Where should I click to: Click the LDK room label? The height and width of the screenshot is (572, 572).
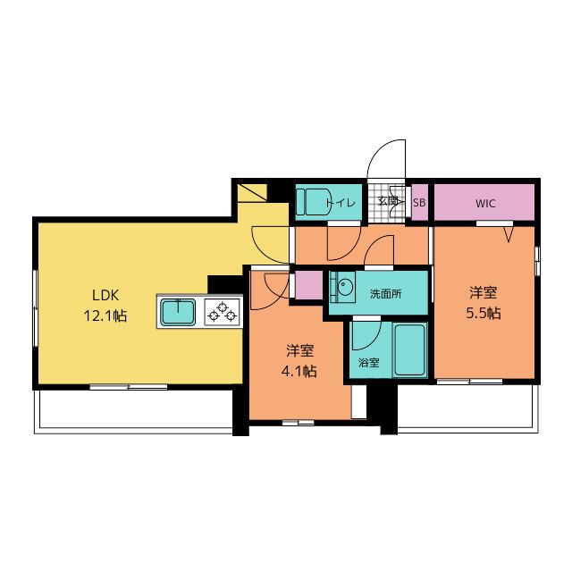click(x=105, y=295)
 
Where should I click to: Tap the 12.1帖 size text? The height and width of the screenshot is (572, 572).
click(x=105, y=315)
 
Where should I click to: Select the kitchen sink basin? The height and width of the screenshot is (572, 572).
click(x=178, y=312)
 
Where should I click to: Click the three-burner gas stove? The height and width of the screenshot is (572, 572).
click(x=223, y=312)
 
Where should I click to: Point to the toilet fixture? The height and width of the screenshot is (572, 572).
click(x=313, y=202)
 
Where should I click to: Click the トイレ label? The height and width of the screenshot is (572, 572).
click(x=341, y=203)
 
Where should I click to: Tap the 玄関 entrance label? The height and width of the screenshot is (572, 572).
click(x=387, y=200)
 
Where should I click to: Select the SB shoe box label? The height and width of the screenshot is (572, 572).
click(x=419, y=203)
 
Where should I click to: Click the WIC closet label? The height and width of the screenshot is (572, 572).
click(x=485, y=203)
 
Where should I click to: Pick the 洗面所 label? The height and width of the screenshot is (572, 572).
click(x=386, y=294)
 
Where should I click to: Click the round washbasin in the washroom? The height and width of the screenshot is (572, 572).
click(x=344, y=285)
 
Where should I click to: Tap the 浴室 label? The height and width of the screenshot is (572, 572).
click(x=369, y=363)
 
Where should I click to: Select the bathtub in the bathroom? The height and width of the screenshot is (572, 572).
click(x=409, y=349)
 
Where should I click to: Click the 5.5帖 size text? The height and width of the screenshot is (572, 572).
click(x=484, y=314)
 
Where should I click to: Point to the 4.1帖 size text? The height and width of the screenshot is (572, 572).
click(x=299, y=372)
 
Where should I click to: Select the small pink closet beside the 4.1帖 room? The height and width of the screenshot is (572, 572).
click(x=309, y=285)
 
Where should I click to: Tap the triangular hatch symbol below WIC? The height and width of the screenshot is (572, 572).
click(x=509, y=234)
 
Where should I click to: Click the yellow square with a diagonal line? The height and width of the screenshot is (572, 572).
click(x=252, y=193)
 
